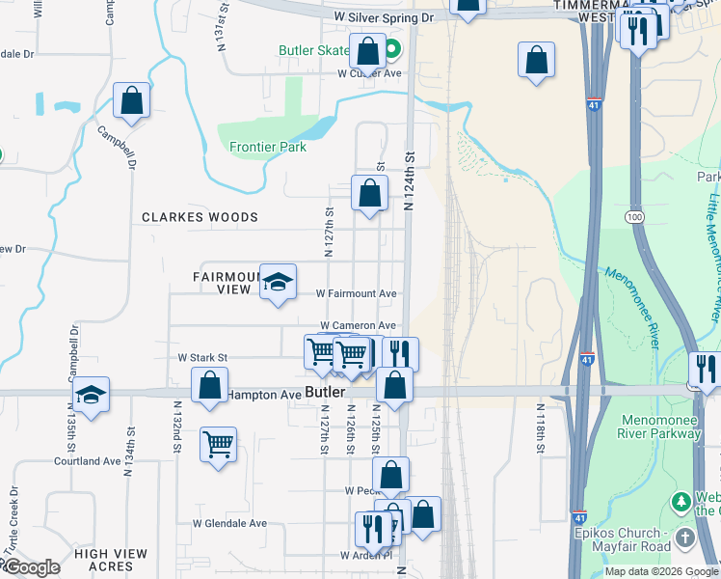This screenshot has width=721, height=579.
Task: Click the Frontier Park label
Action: (268, 148)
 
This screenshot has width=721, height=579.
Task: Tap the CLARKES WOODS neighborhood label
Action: (200, 217)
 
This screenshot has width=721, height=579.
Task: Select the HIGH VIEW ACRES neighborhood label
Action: (111, 561)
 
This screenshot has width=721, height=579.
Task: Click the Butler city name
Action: (324, 392)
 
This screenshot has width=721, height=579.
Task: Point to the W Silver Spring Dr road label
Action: (385, 17)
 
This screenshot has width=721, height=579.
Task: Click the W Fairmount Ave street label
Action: (357, 293)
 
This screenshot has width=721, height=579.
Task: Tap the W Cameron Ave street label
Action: (358, 326)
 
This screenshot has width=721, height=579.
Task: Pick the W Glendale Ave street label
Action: (229, 523)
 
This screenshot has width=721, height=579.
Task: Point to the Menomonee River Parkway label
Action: (662, 426)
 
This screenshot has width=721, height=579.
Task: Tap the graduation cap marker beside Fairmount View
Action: (278, 283)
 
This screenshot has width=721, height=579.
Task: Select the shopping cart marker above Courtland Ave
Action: (219, 446)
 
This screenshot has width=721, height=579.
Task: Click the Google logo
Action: (31, 567)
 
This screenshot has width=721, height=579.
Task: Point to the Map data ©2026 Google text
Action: (660, 571)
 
